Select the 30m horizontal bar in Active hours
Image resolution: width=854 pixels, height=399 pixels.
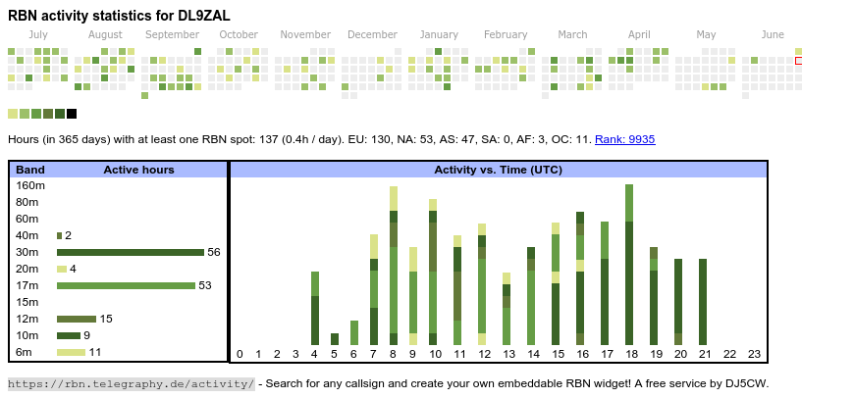point(131,252)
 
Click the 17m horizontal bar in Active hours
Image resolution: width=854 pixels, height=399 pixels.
point(126,285)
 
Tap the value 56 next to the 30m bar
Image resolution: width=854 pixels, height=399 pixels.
point(213,252)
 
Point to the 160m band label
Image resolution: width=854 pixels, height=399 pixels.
point(30,185)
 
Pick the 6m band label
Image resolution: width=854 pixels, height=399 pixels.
point(25,352)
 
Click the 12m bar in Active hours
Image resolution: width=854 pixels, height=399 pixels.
point(77,319)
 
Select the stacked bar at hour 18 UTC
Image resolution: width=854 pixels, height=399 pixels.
point(629,265)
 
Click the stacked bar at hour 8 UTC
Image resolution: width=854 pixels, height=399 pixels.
point(394,266)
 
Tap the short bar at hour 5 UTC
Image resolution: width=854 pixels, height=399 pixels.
point(335,339)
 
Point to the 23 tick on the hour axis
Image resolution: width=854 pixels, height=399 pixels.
point(754,354)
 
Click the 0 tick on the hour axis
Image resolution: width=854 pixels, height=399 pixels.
point(240,354)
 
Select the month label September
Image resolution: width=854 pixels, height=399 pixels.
point(172,35)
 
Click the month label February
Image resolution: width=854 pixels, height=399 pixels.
point(506,35)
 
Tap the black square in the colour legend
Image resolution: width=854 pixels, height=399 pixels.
point(72,114)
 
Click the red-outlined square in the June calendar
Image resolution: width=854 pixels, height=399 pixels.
point(799,62)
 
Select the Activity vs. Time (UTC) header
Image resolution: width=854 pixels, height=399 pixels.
point(498,170)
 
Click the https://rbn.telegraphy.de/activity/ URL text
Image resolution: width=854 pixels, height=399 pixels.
point(131,383)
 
